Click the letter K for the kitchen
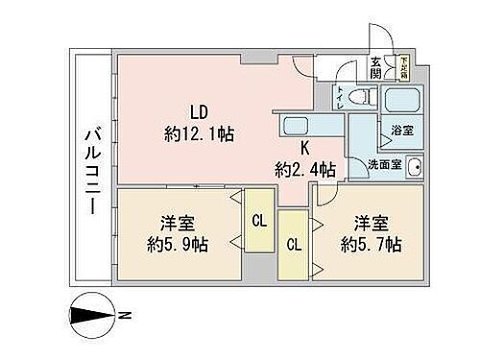click(305, 149)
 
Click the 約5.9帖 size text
click(175, 244)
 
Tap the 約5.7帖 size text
click(370, 243)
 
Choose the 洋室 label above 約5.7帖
click(370, 222)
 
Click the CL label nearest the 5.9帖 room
click(257, 220)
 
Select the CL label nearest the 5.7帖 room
click(294, 244)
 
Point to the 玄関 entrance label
click(375, 68)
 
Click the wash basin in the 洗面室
click(415, 167)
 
